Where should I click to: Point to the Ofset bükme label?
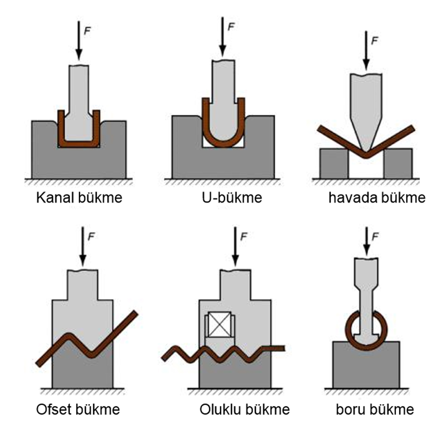click(x=78, y=409)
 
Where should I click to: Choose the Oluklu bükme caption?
click(x=245, y=409)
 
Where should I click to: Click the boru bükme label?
click(x=375, y=409)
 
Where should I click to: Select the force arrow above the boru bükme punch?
click(x=367, y=241)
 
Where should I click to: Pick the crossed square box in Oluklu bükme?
click(x=220, y=324)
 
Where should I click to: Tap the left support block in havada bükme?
click(x=334, y=163)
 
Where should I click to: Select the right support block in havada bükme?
click(x=398, y=163)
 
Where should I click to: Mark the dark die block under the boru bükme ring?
click(x=366, y=367)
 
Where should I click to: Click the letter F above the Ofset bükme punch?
click(x=92, y=237)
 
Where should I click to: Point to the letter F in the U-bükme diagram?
click(x=232, y=27)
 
